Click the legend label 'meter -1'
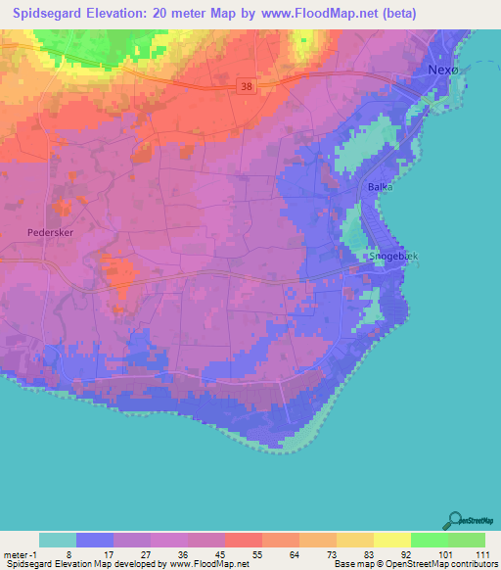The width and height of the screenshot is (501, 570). click(x=20, y=553)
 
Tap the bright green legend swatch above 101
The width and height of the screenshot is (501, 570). click(x=429, y=540)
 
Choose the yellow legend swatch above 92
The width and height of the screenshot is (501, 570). click(x=391, y=540)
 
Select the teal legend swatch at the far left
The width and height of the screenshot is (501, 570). click(x=58, y=540)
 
